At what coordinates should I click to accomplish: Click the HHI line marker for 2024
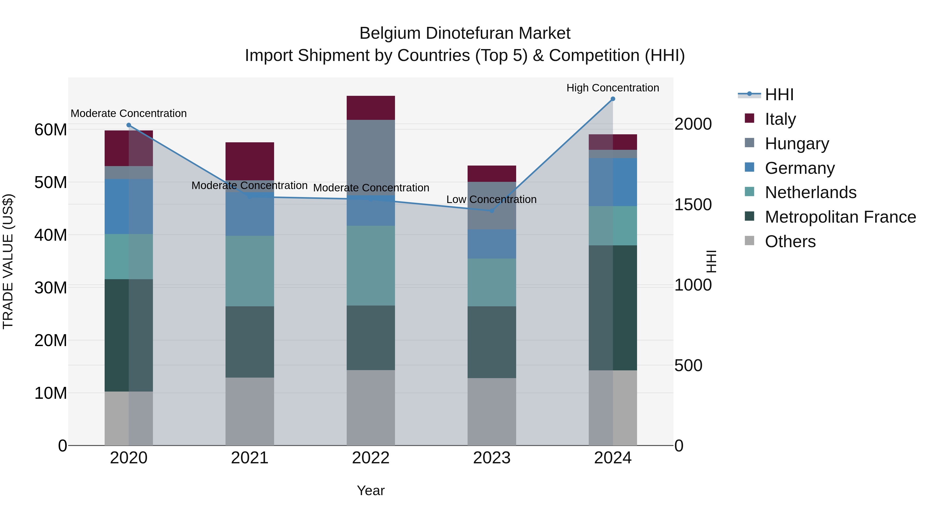tap(613, 99)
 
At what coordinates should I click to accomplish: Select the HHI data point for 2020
tap(129, 125)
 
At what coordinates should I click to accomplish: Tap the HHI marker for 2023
tap(491, 211)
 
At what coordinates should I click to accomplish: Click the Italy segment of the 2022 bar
tap(370, 107)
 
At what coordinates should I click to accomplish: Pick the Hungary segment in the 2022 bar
tap(370, 157)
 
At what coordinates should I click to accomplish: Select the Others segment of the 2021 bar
tap(250, 411)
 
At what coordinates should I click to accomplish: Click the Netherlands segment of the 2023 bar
tap(491, 282)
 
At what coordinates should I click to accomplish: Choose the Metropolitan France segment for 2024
tap(613, 308)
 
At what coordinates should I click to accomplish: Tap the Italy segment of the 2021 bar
tap(250, 161)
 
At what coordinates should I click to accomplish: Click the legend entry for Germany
tap(799, 168)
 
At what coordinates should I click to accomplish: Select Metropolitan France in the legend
tap(840, 217)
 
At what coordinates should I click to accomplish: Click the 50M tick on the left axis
tap(51, 183)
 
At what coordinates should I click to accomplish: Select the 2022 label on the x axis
tap(370, 458)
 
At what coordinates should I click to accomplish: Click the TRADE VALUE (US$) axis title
tap(8, 261)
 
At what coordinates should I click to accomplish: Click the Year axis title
tap(370, 490)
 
